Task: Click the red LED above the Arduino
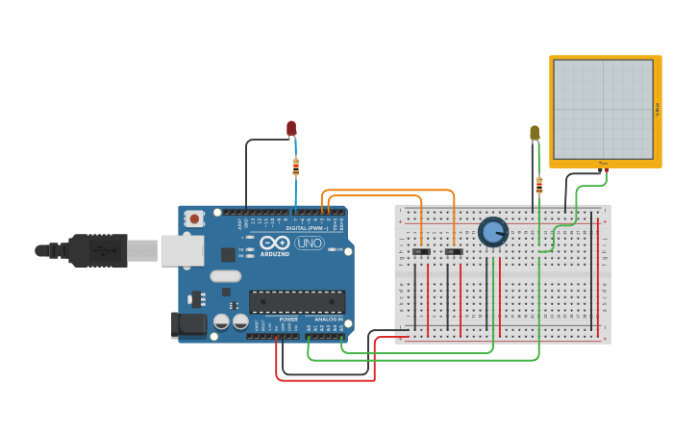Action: tap(291, 128)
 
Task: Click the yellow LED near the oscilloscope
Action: tap(535, 133)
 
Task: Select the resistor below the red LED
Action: tap(295, 167)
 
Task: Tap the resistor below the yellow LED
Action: tap(538, 185)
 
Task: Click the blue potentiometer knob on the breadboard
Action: tap(493, 232)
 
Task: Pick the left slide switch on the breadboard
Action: tap(421, 252)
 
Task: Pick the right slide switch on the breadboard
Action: tap(454, 252)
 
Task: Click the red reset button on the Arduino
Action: tap(195, 219)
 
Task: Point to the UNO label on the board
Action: tap(310, 243)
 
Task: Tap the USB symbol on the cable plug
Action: tap(100, 250)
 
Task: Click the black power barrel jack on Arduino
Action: tap(189, 324)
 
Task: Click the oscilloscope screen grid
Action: tap(603, 109)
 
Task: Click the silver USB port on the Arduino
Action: tap(182, 250)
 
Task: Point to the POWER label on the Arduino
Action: tap(288, 319)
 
